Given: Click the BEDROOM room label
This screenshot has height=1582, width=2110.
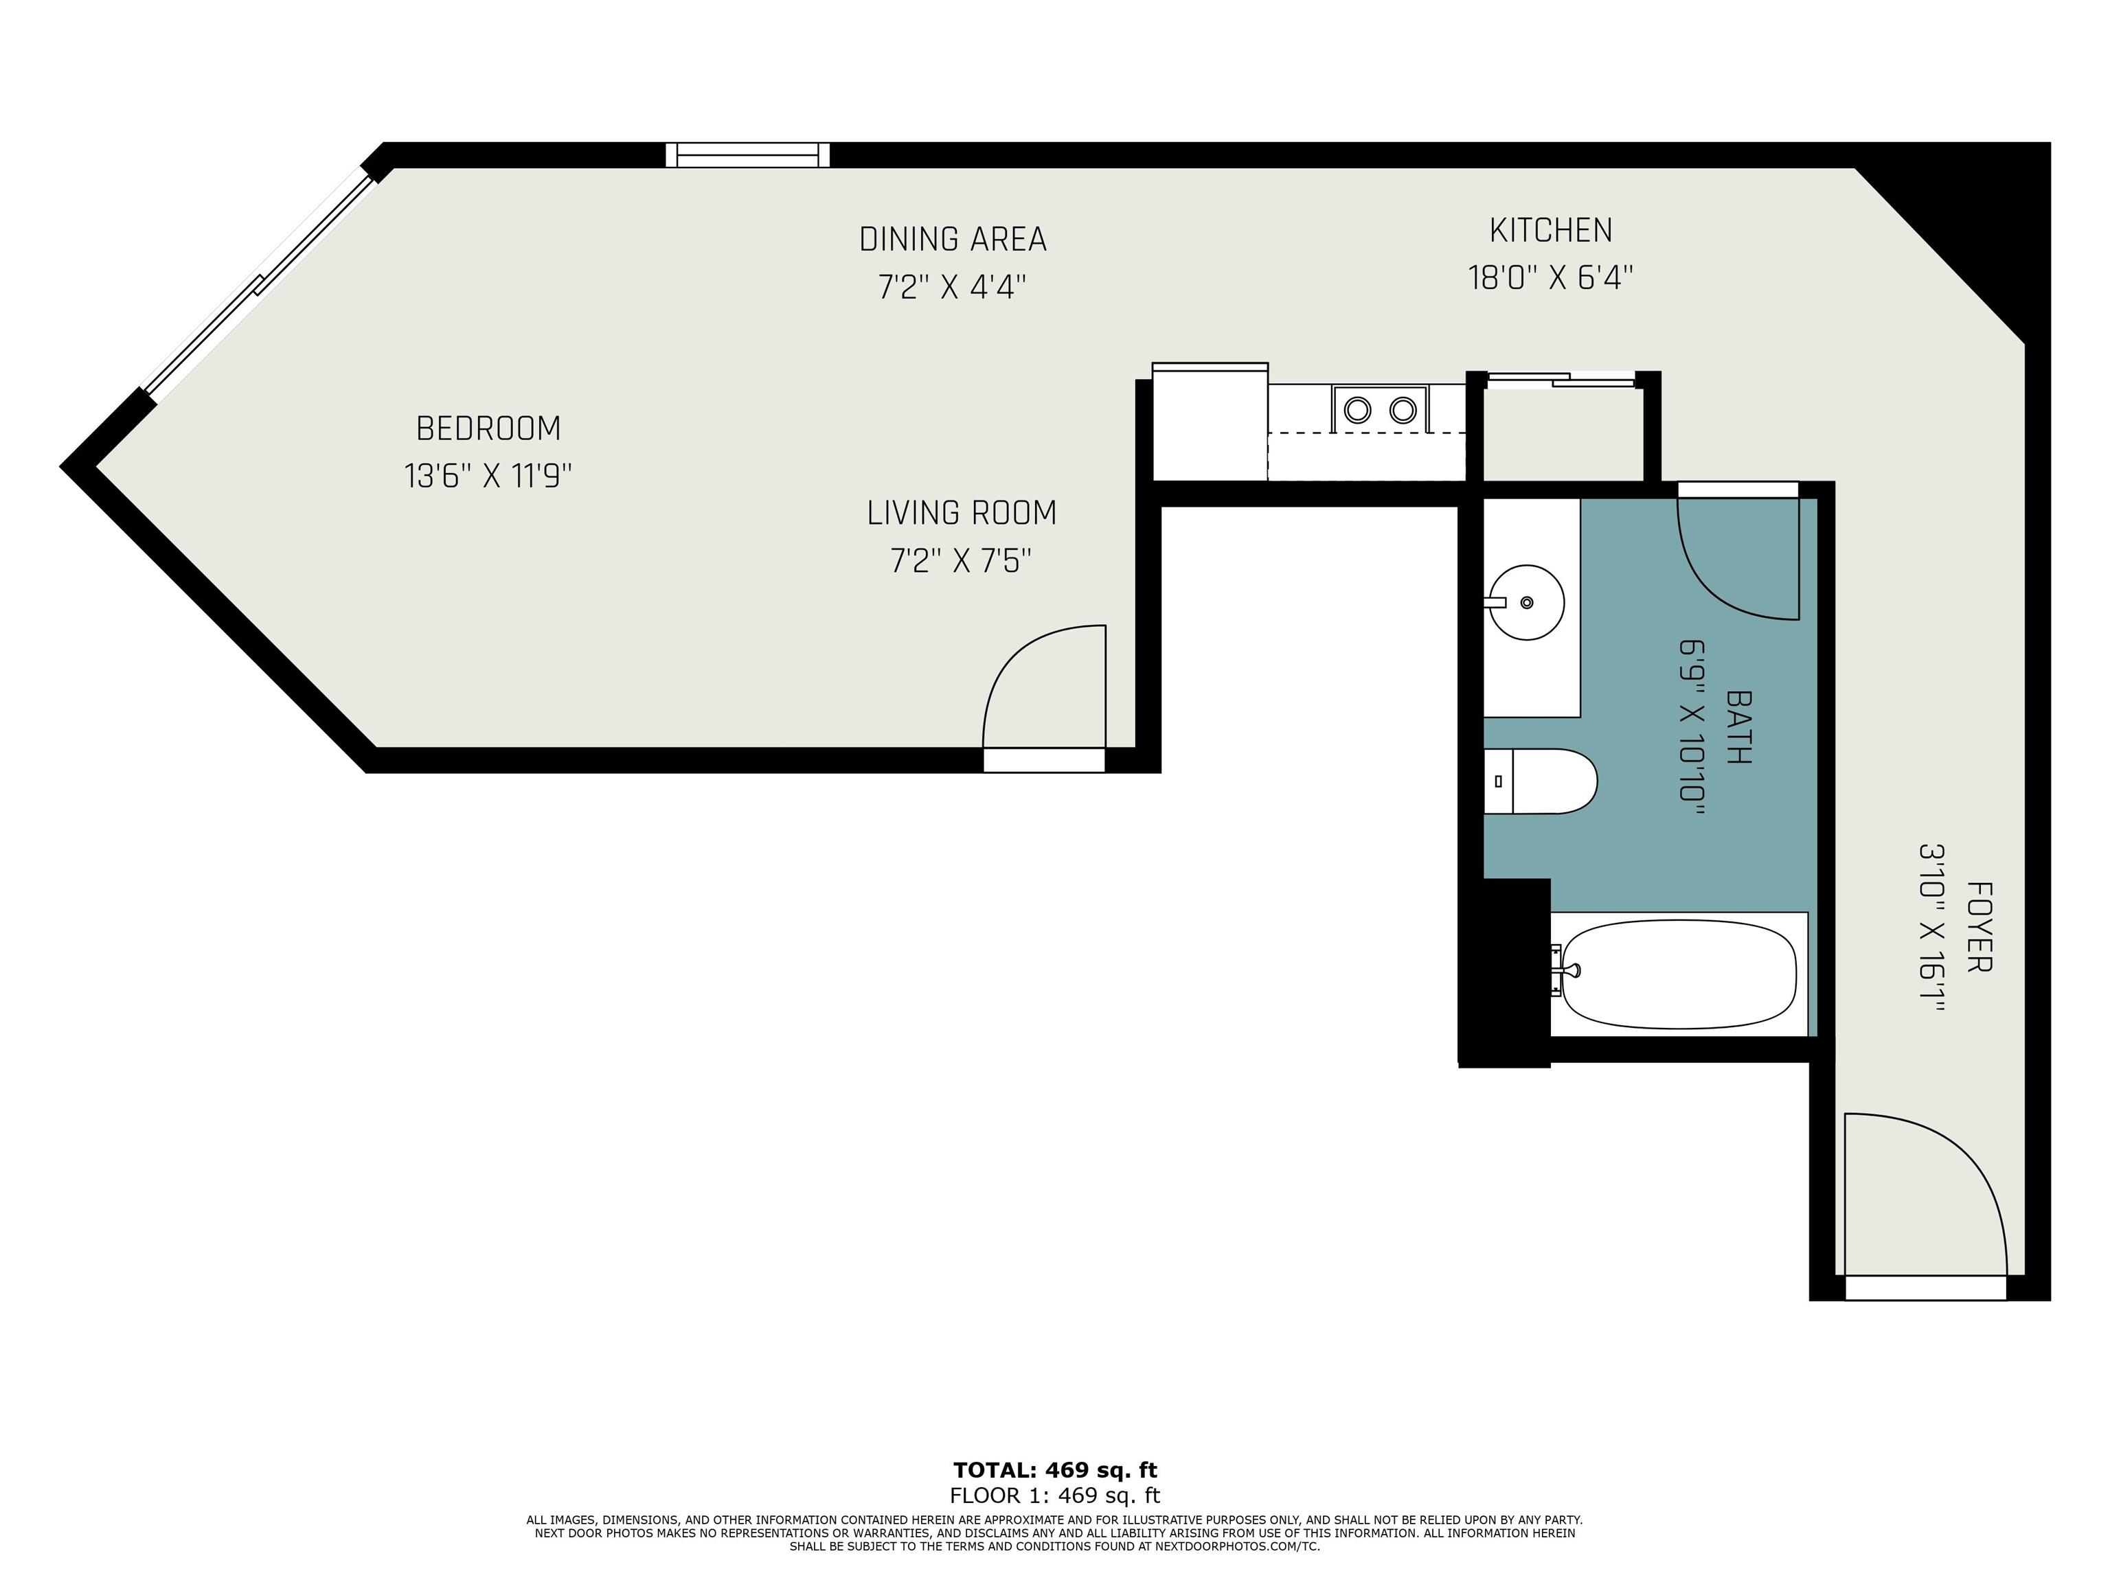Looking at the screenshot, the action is [488, 429].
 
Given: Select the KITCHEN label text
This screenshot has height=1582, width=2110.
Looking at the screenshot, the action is [1551, 231].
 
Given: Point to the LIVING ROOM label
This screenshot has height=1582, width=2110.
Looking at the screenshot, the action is [962, 513].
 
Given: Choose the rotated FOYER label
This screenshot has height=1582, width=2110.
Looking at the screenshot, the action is [1979, 927].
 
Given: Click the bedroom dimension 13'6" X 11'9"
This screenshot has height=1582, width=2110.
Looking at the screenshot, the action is [488, 476].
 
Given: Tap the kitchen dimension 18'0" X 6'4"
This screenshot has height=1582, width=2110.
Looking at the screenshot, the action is [1551, 277].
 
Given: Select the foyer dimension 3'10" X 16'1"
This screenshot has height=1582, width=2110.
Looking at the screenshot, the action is [1931, 927].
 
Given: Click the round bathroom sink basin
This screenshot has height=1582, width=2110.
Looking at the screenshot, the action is [1527, 601].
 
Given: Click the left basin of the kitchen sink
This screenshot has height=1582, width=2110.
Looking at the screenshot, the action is [1357, 410].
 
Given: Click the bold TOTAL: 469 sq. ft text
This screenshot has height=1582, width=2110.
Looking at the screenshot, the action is [1055, 1471].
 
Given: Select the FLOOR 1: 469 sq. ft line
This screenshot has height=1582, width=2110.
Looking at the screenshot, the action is [1055, 1496].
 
